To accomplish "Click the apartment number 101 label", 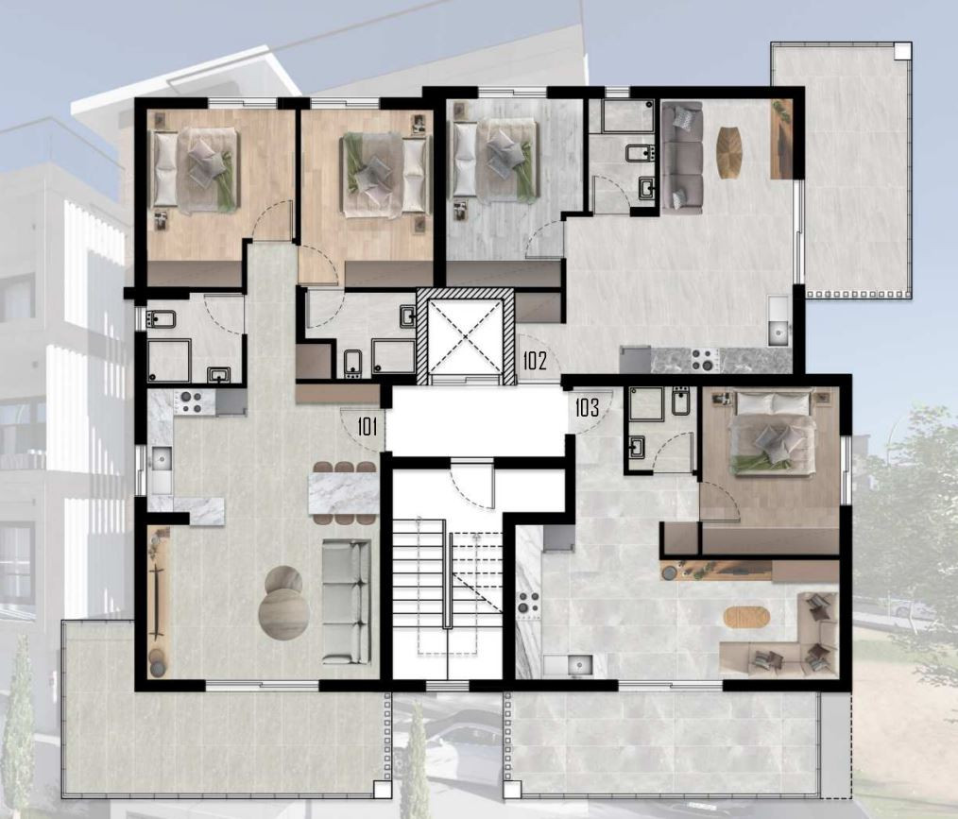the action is tap(367, 426).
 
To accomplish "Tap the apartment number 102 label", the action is tap(535, 361).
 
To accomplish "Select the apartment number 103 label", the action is tap(587, 407).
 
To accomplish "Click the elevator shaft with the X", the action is tap(466, 336).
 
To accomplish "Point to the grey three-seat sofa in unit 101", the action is tap(347, 602).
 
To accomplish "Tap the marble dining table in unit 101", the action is tap(343, 493).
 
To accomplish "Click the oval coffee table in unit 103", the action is tap(746, 617).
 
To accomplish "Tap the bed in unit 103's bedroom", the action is tap(774, 432).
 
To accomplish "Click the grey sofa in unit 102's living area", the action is tap(682, 157).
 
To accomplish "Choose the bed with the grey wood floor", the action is tap(494, 160).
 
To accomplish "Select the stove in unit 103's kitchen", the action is tap(529, 601).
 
